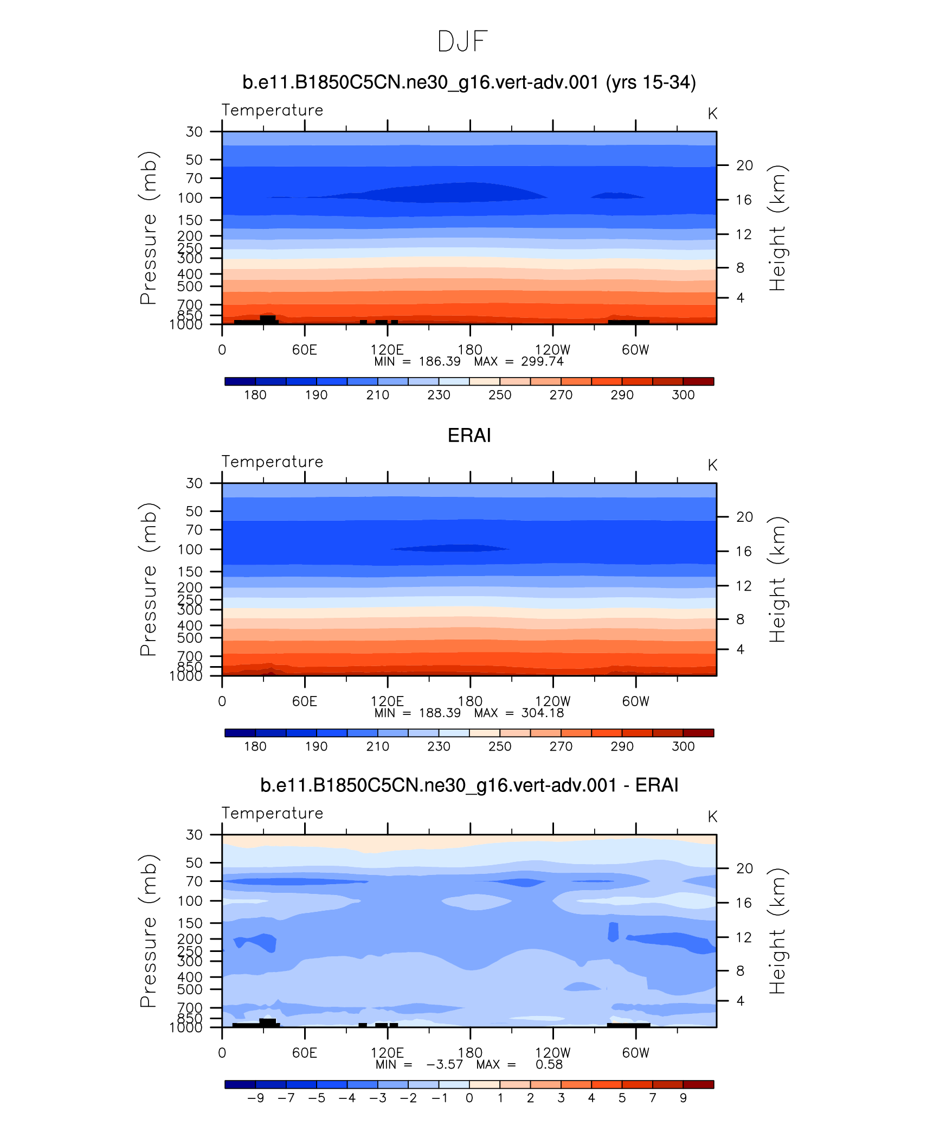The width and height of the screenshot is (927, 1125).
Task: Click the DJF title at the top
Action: pyautogui.click(x=462, y=42)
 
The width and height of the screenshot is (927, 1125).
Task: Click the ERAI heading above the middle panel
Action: pyautogui.click(x=469, y=436)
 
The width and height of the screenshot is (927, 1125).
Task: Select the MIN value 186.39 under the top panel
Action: pyautogui.click(x=440, y=362)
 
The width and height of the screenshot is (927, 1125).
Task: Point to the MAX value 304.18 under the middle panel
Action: pyautogui.click(x=542, y=713)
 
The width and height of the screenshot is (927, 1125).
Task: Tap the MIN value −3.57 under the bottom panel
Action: pyautogui.click(x=445, y=1065)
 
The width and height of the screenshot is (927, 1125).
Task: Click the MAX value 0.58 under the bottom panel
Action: pyautogui.click(x=549, y=1065)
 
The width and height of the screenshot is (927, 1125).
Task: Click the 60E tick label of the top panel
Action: pyautogui.click(x=304, y=350)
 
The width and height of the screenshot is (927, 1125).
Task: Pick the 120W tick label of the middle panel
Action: pyautogui.click(x=552, y=701)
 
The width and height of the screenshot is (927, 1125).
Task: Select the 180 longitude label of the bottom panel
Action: pyautogui.click(x=469, y=1053)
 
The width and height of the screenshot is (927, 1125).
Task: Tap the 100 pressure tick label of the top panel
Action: pyautogui.click(x=190, y=198)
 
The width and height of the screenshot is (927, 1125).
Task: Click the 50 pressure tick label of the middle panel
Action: pyautogui.click(x=194, y=511)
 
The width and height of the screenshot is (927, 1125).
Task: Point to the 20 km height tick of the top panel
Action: pyautogui.click(x=744, y=165)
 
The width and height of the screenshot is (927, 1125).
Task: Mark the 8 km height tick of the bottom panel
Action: pyautogui.click(x=740, y=971)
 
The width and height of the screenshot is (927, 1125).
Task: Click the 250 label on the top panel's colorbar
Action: pyautogui.click(x=499, y=395)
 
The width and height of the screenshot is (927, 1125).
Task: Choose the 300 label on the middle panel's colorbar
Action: pyautogui.click(x=683, y=746)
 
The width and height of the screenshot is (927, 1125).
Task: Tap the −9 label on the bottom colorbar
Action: pyautogui.click(x=255, y=1098)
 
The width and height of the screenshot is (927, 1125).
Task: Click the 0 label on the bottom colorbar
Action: pyautogui.click(x=469, y=1098)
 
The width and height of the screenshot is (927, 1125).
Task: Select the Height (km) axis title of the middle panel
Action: pyautogui.click(x=777, y=579)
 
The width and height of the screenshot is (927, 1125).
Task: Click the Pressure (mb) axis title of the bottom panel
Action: pyautogui.click(x=148, y=931)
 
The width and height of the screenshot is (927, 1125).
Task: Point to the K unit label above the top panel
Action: pyautogui.click(x=712, y=114)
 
